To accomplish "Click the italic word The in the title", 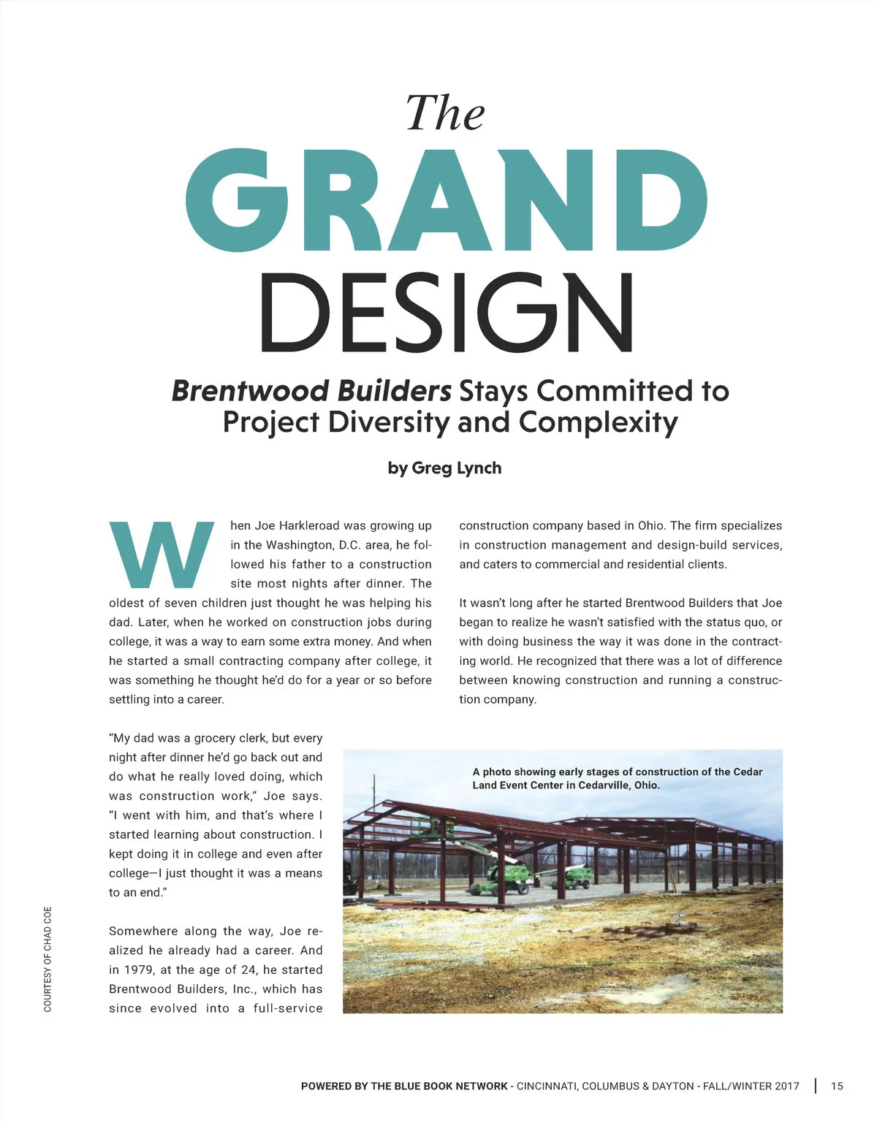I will click(x=445, y=114).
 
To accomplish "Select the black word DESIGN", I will click(x=446, y=313).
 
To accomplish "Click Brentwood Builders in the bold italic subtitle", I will click(x=311, y=391).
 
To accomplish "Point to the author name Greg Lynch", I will click(x=456, y=468).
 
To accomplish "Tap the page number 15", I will click(x=837, y=1086).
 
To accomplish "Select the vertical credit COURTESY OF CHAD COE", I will click(x=48, y=959).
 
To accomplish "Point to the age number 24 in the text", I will click(x=248, y=970).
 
